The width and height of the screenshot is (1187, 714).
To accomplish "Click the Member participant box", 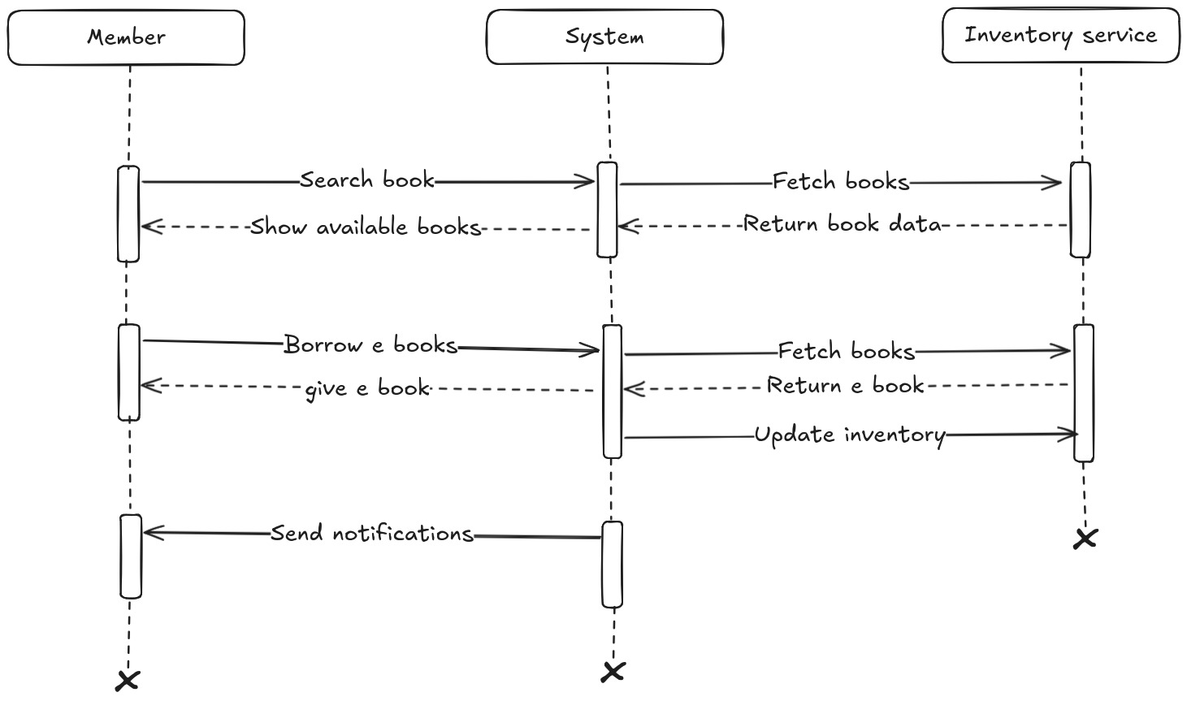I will (126, 37).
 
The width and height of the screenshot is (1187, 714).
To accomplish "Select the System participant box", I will (604, 37).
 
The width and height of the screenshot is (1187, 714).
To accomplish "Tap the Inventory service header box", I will (1060, 36).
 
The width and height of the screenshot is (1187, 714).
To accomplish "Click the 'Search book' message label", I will (367, 180).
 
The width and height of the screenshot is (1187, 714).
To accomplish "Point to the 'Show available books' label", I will (366, 227).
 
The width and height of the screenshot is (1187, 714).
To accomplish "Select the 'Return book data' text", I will (843, 223).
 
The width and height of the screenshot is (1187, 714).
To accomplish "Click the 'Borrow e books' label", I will (370, 345).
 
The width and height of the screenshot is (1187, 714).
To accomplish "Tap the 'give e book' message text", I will (367, 389).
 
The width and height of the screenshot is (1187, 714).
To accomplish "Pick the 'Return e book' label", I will (845, 385).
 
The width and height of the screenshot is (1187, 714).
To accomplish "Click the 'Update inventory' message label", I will (850, 435).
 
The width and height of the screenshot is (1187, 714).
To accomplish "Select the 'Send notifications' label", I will (372, 534).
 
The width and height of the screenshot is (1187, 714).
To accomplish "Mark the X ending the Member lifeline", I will (128, 681).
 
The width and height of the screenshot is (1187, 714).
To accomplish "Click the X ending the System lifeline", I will (613, 672).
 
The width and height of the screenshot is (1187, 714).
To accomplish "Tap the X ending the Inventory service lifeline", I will (1085, 538).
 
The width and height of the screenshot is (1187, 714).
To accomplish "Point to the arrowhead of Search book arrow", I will (588, 182).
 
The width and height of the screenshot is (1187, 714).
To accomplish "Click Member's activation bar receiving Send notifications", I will (131, 556).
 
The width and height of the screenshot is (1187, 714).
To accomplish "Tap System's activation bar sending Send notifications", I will (613, 565).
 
